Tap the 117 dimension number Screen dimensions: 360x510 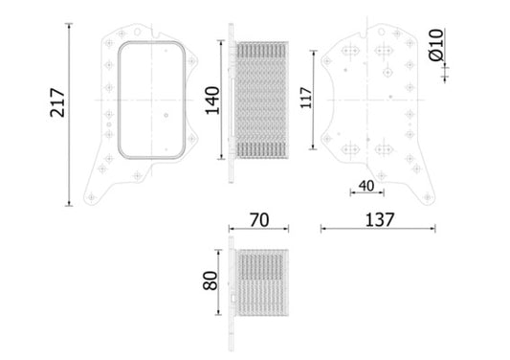(x=305, y=100)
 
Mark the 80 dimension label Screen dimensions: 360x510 (x=212, y=282)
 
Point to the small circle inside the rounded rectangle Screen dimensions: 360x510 (x=166, y=118)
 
